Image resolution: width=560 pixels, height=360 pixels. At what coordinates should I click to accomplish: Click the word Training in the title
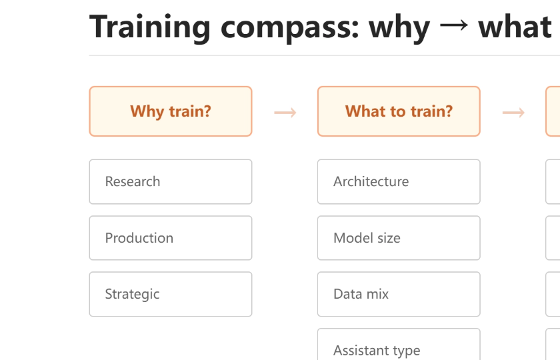(x=149, y=28)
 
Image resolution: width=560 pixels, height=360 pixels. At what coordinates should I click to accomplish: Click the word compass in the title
(x=289, y=29)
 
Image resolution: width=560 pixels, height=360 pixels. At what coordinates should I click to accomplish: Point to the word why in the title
(x=399, y=29)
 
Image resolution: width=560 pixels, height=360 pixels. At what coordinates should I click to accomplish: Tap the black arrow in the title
(x=454, y=25)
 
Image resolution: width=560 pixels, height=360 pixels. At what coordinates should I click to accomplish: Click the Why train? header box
(x=171, y=111)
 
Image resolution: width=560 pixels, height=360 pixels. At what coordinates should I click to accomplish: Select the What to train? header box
(x=399, y=111)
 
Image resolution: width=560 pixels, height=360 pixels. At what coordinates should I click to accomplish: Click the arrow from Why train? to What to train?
(x=285, y=113)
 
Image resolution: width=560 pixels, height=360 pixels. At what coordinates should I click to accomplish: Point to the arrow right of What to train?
(x=513, y=113)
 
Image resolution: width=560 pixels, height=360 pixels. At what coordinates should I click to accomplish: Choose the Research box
(x=171, y=182)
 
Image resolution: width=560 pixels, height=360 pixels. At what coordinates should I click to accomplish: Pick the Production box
(x=171, y=238)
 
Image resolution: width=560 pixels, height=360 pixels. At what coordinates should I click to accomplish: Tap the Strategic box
(x=171, y=294)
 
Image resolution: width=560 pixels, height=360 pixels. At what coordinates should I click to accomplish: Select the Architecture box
(x=399, y=182)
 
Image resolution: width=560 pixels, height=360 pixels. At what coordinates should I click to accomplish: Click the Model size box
(x=399, y=238)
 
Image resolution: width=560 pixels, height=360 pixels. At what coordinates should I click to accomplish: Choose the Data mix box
(x=399, y=294)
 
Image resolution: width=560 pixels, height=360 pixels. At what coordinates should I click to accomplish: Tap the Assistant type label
(x=377, y=351)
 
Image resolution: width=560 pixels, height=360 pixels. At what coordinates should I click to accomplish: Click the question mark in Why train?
(x=207, y=111)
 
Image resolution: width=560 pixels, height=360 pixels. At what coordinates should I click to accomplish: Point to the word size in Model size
(x=387, y=238)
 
